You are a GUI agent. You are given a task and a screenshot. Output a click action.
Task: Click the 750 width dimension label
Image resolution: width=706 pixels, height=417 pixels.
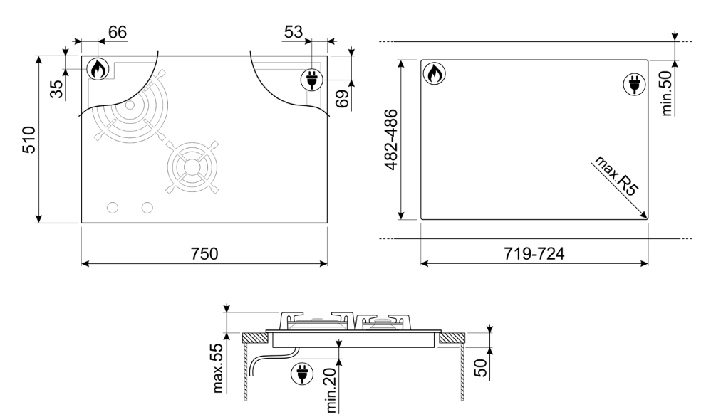point(204,254)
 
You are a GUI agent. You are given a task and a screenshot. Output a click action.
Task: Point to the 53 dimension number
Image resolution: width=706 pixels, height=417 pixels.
point(293,31)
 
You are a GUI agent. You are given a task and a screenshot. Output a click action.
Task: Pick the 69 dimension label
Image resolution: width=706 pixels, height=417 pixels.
point(343,98)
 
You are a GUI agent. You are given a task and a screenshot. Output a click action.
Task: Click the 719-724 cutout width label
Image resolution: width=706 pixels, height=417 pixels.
point(534,254)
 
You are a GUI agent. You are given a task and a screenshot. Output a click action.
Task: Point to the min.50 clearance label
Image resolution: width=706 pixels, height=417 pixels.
point(668,91)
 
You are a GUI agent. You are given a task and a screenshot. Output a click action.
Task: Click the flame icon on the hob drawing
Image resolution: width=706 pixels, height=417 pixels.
point(98,69)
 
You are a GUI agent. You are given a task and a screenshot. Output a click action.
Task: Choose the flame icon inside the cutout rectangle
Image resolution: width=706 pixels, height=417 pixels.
point(434,73)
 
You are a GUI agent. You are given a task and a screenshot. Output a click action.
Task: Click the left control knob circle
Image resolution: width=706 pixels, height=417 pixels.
point(112,207)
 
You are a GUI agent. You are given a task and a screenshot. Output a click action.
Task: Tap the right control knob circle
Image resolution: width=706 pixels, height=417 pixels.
point(147,207)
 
